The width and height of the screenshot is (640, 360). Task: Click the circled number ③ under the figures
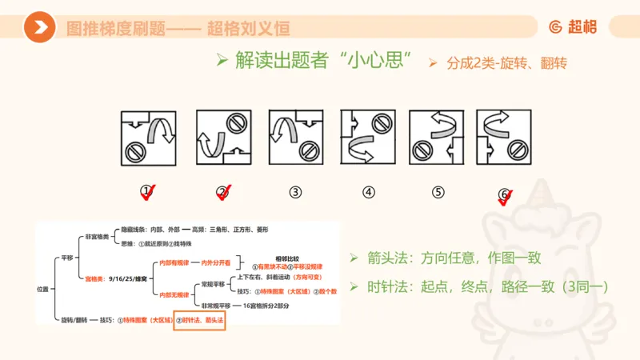tap(296, 192)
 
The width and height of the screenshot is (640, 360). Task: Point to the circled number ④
tap(368, 192)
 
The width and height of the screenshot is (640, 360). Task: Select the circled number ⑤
tap(438, 192)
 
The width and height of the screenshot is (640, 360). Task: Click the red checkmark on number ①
tap(150, 192)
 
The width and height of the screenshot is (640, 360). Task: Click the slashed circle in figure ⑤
tap(425, 148)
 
